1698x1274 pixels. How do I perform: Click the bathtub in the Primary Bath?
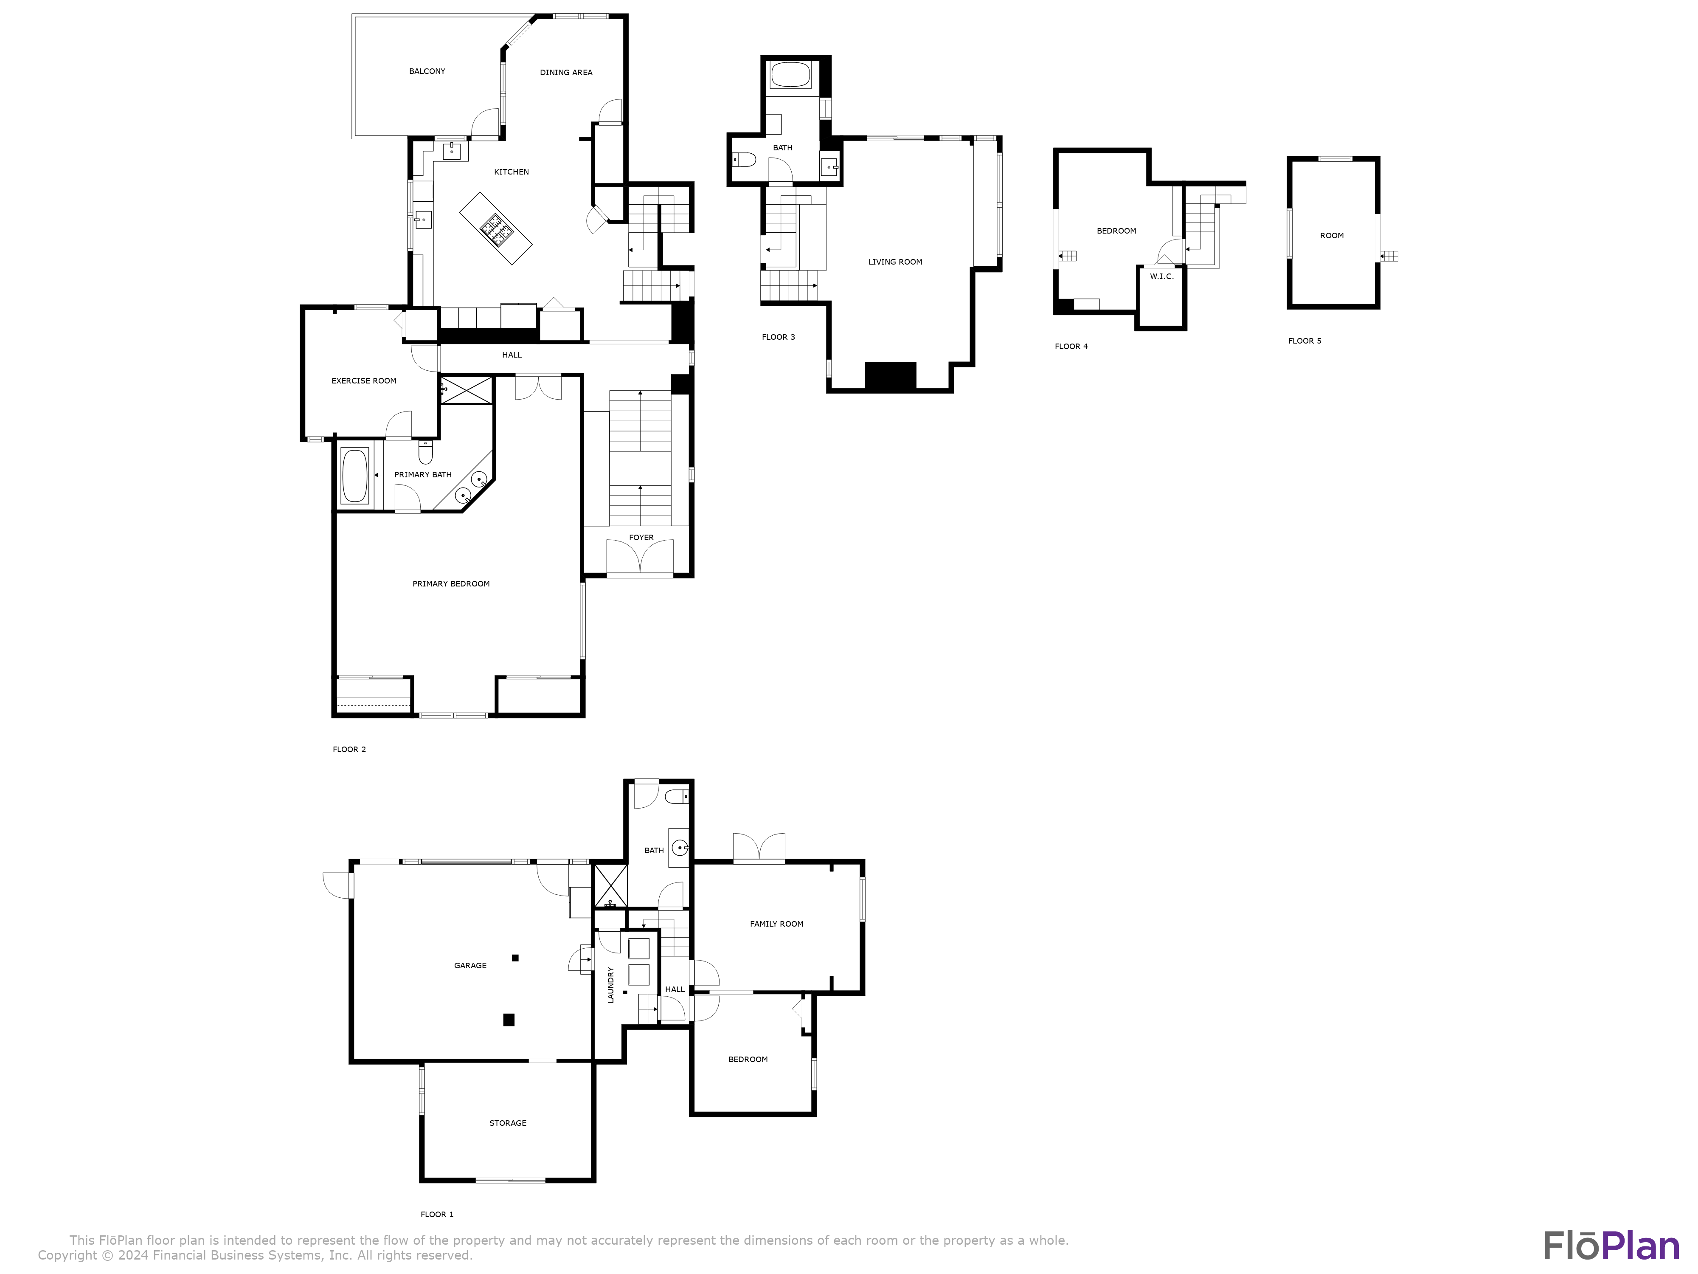tap(354, 476)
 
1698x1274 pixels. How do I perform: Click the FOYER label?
tap(641, 538)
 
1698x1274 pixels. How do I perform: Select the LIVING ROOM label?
tap(895, 262)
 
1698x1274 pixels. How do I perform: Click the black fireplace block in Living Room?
tap(891, 375)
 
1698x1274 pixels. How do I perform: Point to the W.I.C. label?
tap(1161, 276)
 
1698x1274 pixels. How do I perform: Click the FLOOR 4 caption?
tap(1071, 347)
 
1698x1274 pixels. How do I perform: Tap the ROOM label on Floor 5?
tap(1332, 236)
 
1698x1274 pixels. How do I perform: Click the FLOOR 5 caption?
tap(1304, 341)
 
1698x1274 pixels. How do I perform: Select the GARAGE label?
tap(470, 965)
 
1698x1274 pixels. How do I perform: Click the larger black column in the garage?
tap(508, 1020)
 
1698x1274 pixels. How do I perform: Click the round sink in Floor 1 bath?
tap(679, 848)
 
